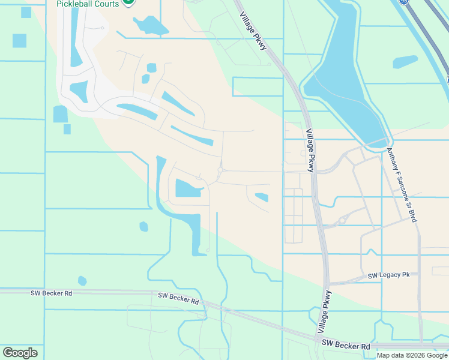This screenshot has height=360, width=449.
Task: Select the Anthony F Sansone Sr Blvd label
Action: pos(402,185)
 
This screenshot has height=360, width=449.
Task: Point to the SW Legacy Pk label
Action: pos(388,275)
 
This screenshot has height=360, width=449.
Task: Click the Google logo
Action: pos(20,352)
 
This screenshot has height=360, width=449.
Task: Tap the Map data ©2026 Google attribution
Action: pos(412,355)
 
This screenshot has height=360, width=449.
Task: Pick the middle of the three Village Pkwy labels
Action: pos(310,151)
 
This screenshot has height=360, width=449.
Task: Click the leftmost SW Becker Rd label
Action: pos(52,293)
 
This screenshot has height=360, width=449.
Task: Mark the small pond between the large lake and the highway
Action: pos(405,62)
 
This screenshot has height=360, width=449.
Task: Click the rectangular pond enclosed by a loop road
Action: pos(188,188)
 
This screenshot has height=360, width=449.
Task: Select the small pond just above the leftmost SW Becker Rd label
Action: pos(82,281)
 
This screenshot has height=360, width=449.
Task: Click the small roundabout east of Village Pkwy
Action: pos(342,220)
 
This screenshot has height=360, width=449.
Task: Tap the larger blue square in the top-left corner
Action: pos(19,41)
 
